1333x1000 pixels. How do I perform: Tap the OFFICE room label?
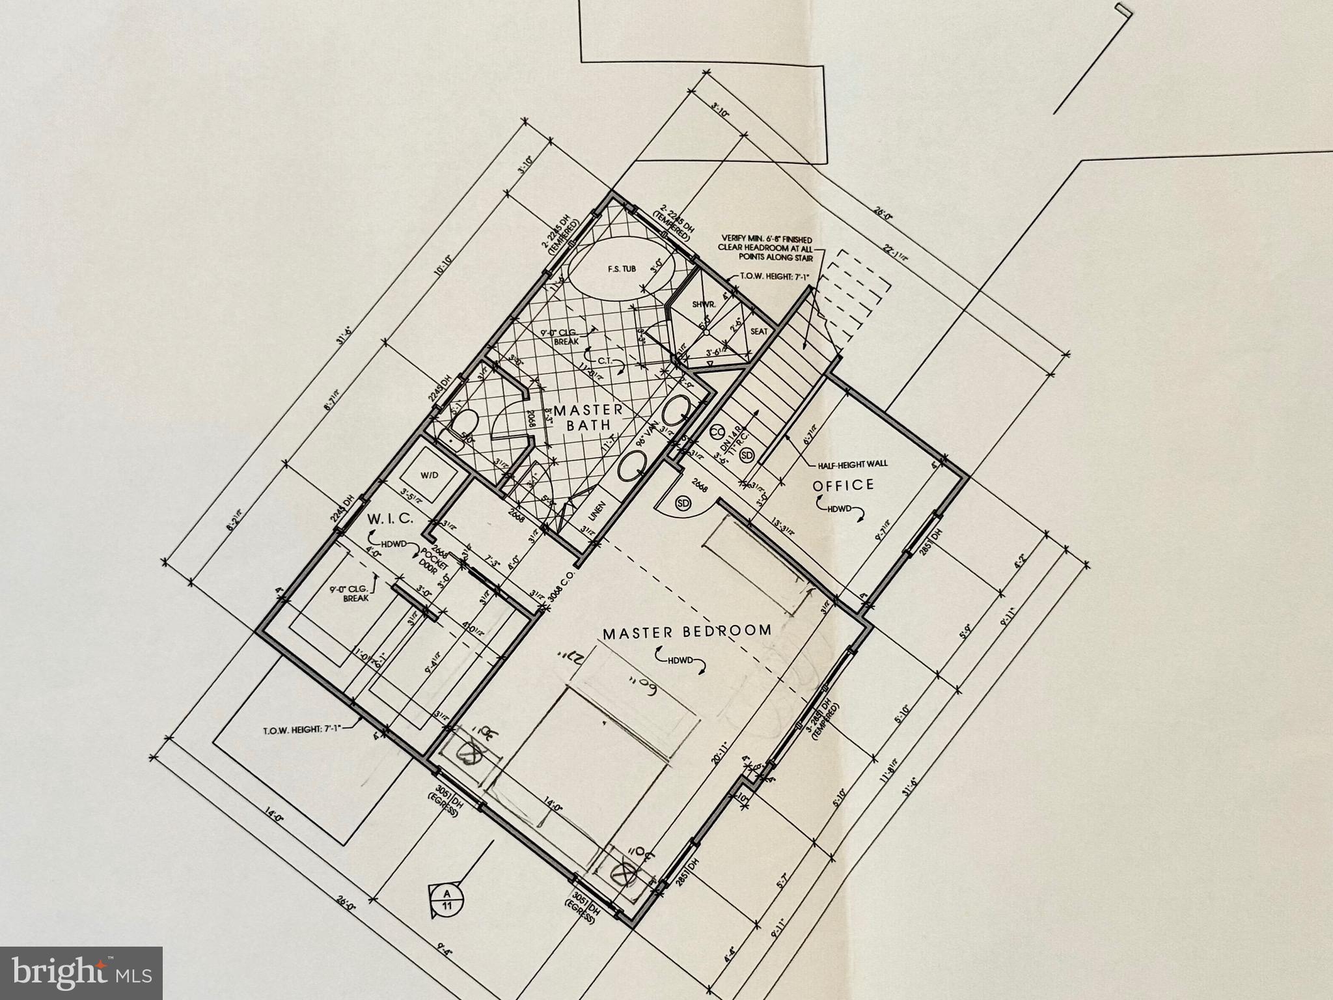pyautogui.click(x=843, y=485)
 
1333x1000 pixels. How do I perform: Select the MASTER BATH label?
pyautogui.click(x=588, y=417)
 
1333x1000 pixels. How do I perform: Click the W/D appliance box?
pyautogui.click(x=430, y=476)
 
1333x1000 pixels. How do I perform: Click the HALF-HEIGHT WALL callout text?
pyautogui.click(x=853, y=465)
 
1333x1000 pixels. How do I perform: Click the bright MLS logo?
pyautogui.click(x=81, y=973)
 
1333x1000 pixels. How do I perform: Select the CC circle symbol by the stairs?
pyautogui.click(x=717, y=432)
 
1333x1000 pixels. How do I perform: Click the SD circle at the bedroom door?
pyautogui.click(x=683, y=503)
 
